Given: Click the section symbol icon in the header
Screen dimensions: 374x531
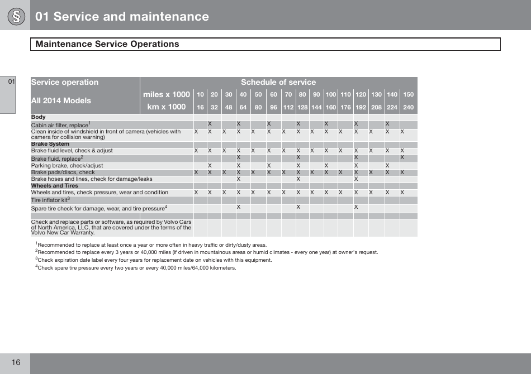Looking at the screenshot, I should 15,16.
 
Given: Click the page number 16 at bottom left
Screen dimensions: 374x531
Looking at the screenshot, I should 15,363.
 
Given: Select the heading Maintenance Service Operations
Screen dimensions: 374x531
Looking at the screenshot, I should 107,44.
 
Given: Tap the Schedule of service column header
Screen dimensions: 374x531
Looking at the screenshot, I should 278,82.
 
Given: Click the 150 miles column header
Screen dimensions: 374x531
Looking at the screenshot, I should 409,95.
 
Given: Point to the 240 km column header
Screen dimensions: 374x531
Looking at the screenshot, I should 409,107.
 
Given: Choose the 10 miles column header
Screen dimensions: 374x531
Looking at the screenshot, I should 200,95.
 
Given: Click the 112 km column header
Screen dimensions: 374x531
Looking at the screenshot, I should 288,107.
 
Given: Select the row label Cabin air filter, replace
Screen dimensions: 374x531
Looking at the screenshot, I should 60,125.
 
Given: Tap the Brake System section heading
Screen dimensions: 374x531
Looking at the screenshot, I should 50,144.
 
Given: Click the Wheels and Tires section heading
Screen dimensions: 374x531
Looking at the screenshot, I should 55,186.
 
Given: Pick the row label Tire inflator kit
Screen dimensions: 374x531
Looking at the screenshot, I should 50,200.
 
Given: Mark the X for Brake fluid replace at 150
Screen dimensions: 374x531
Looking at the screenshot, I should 402,157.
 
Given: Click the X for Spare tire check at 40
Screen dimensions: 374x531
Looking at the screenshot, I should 239,207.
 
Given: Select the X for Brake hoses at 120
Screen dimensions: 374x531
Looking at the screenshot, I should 356,179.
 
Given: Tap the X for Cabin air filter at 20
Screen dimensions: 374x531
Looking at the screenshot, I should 210,123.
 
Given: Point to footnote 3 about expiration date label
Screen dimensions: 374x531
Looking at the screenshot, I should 154,260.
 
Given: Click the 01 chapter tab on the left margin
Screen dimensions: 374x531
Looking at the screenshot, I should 11,82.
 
